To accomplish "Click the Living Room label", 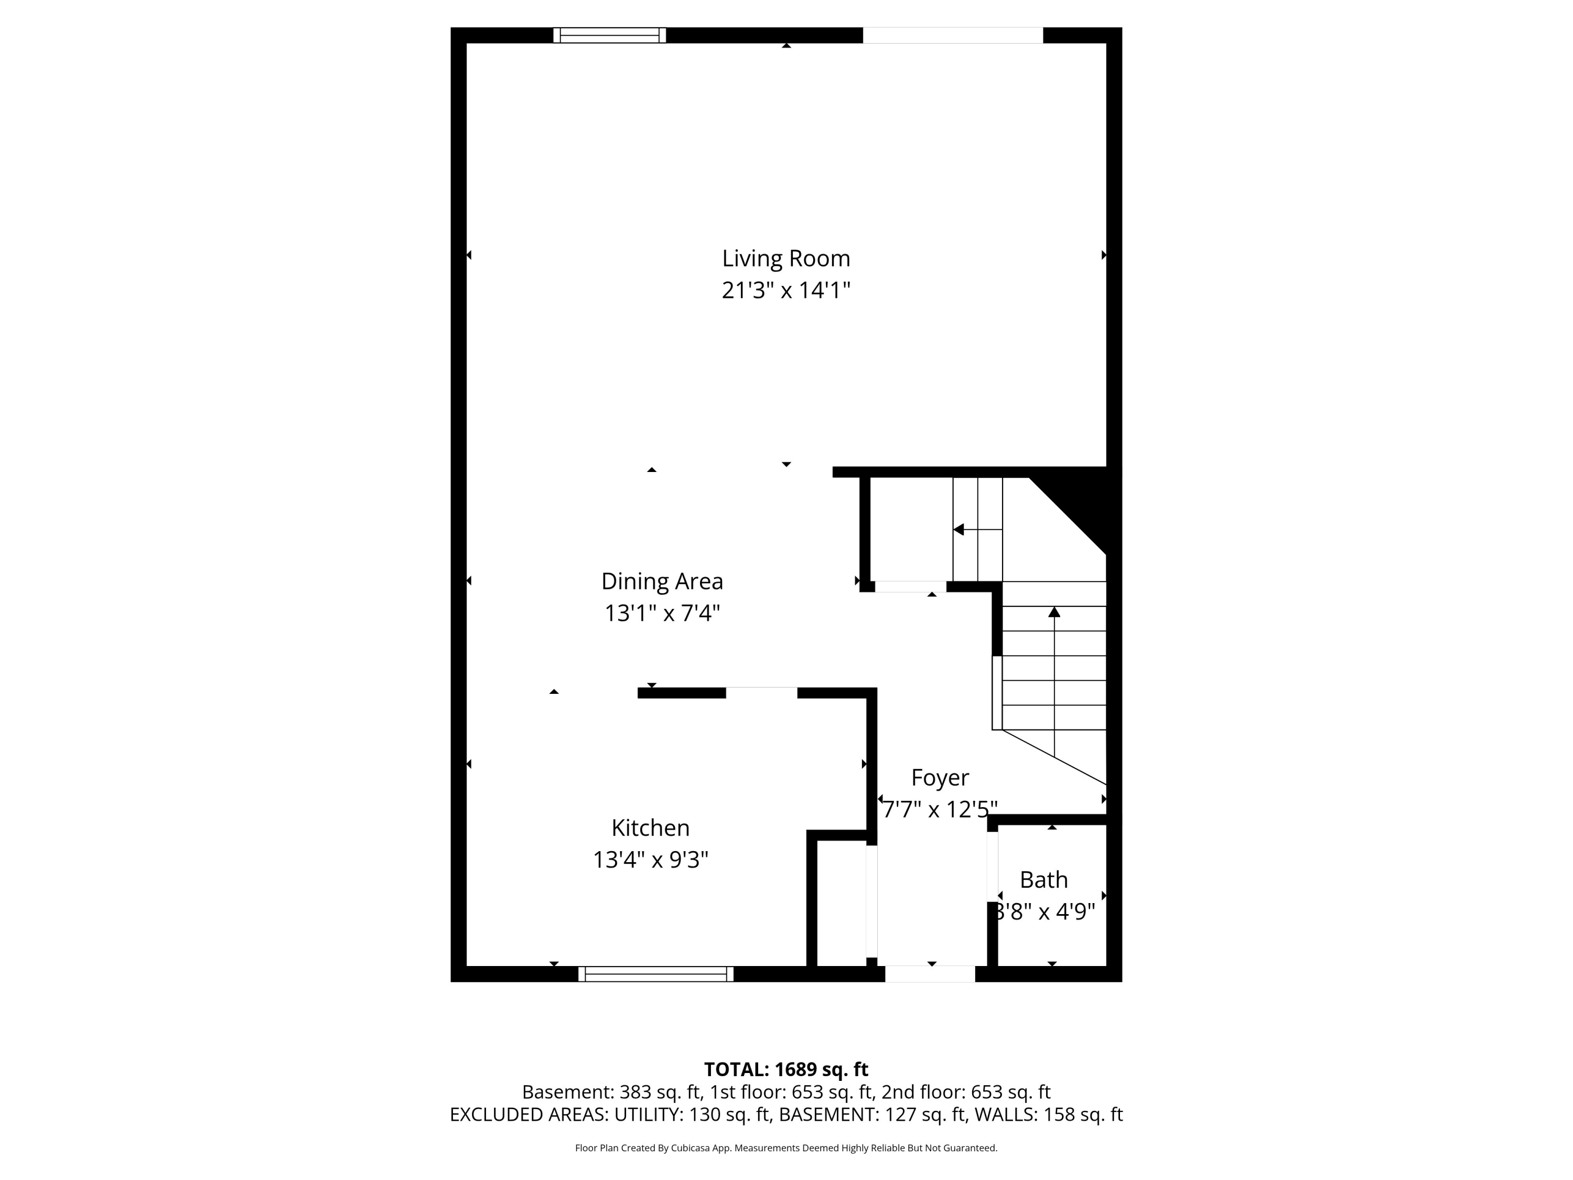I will [786, 258].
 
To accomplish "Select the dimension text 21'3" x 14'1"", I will [786, 290].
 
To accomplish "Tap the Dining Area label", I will [662, 581].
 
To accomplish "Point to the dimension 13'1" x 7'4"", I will [662, 613].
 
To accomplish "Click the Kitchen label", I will [650, 828].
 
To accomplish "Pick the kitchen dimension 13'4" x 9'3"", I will [650, 860].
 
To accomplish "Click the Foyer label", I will [940, 777].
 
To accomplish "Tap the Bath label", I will [1043, 880].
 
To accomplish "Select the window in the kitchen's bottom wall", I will [655, 974].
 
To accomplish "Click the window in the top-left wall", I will [609, 35].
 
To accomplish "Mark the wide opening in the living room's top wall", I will [952, 35].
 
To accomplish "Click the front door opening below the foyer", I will [930, 974].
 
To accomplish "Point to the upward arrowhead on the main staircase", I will [1054, 612].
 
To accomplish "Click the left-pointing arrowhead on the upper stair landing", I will [958, 529].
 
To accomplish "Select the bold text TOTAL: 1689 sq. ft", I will [786, 1070].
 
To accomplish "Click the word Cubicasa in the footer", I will [690, 1148].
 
